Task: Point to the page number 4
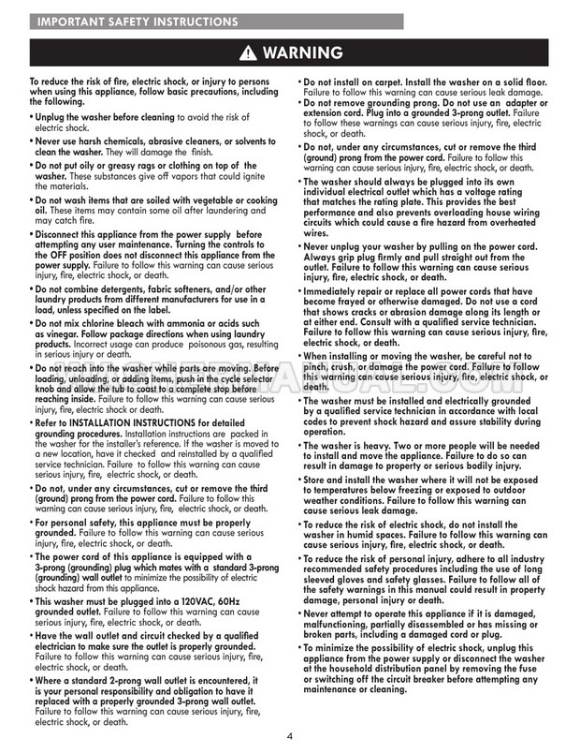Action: coord(290,736)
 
